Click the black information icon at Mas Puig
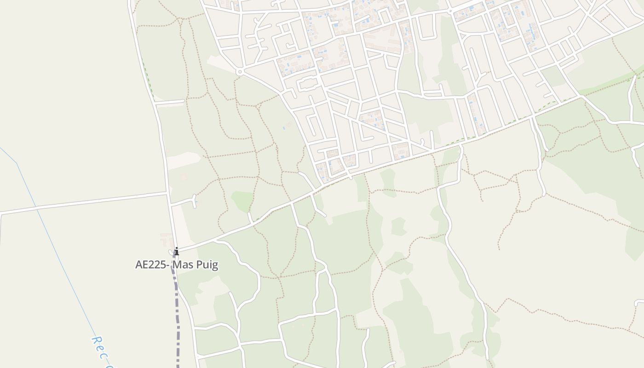176,251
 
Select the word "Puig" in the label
205,265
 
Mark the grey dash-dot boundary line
177,313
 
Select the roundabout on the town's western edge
239,72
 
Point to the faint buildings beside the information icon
166,238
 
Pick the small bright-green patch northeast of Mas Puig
242,200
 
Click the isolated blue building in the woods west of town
284,127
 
